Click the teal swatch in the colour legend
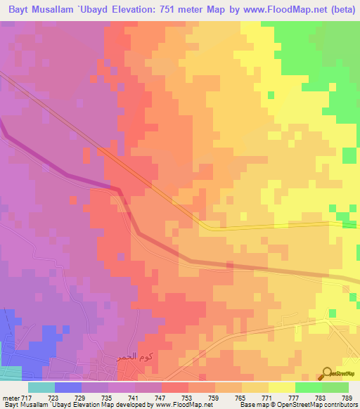pyautogui.click(x=41, y=387)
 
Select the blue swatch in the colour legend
pyautogui.click(x=67, y=387)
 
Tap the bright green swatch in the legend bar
pyautogui.click(x=308, y=387)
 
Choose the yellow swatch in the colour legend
pyautogui.click(x=281, y=387)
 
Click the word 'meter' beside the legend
pyautogui.click(x=10, y=397)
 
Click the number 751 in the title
pyautogui.click(x=172, y=10)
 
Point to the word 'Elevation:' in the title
pyautogui.click(x=132, y=10)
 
